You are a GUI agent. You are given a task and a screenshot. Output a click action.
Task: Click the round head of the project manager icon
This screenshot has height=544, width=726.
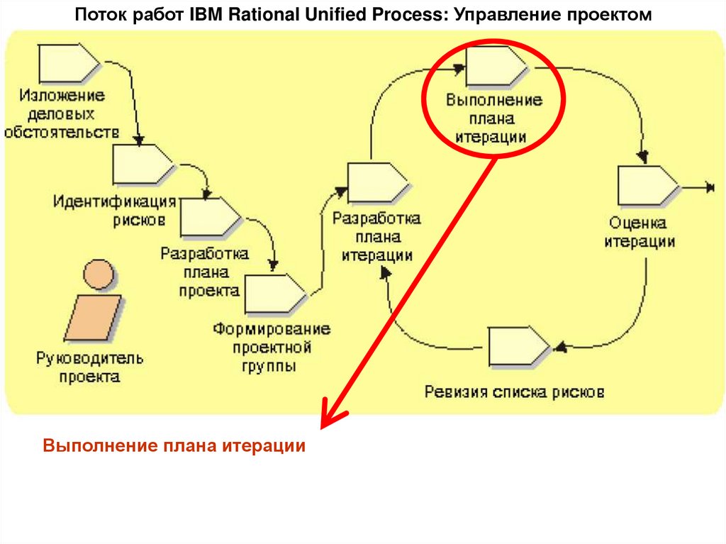click(x=97, y=274)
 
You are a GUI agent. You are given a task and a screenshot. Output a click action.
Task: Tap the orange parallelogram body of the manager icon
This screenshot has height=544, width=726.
click(x=92, y=317)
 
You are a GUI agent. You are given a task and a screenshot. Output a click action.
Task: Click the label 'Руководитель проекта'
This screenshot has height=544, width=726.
click(x=90, y=367)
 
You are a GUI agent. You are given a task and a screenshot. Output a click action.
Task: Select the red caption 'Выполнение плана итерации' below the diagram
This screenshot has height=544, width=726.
click(x=174, y=446)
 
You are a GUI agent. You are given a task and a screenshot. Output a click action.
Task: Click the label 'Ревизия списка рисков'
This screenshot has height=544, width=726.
click(x=515, y=391)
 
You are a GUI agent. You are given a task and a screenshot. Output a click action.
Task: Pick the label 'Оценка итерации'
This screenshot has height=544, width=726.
click(x=640, y=232)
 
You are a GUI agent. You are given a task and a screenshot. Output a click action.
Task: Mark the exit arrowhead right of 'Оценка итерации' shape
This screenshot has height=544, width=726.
click(x=708, y=187)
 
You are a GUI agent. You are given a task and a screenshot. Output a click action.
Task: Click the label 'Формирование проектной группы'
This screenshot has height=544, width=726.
click(x=272, y=348)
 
